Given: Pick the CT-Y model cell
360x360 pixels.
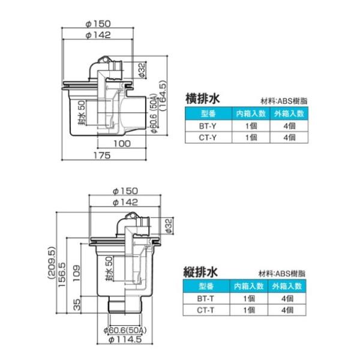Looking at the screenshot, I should coord(208,137).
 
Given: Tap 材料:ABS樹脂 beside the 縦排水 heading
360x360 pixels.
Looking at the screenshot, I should coord(281,274).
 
